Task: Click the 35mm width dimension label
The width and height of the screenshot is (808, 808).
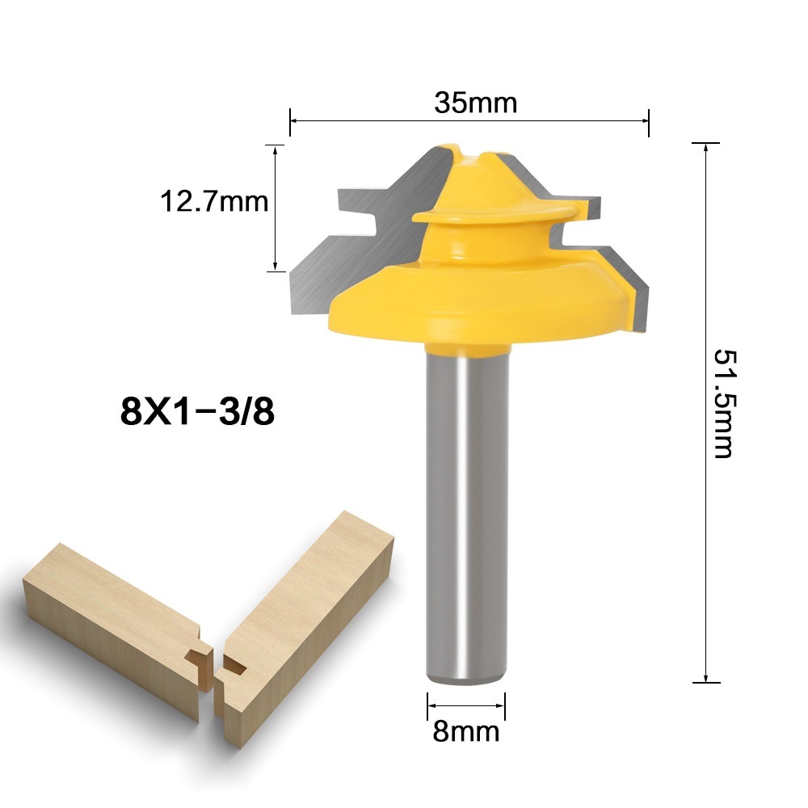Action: click(474, 103)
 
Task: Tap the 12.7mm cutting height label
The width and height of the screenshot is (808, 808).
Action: click(213, 201)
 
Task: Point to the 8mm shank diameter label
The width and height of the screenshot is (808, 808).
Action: click(466, 731)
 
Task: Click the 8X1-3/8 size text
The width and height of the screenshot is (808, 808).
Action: click(198, 413)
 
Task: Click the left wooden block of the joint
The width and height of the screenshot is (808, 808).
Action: click(105, 614)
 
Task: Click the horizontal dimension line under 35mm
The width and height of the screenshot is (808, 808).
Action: click(469, 121)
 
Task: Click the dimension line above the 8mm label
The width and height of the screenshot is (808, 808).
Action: click(467, 704)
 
